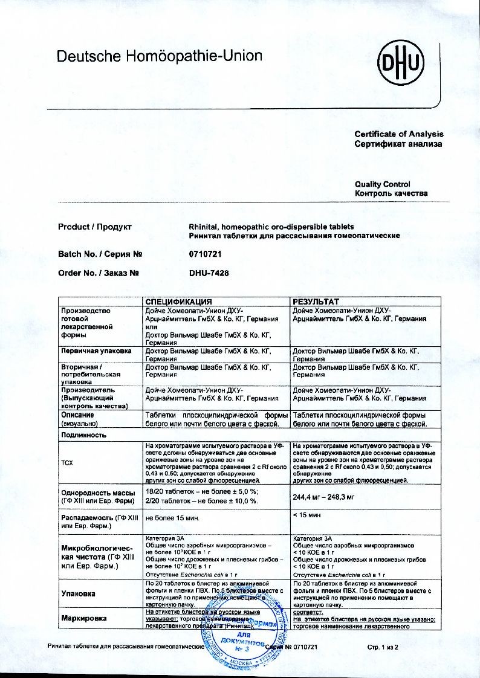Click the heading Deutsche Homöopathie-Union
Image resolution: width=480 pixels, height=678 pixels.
coord(159,57)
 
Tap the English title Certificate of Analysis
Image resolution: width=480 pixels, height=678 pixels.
coord(398,134)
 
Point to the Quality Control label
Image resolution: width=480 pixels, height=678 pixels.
coord(382,184)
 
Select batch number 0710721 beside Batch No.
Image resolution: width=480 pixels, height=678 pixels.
coord(206,254)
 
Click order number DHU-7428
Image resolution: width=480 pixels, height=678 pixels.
coord(209,273)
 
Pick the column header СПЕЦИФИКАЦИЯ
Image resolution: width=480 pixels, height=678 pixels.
coord(178,301)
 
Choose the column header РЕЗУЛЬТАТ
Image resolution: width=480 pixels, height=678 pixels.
coord(316,301)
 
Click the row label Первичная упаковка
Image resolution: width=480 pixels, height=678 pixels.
coord(96,350)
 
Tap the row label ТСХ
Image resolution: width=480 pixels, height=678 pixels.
coord(68,463)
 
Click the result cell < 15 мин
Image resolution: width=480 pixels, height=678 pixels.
coord(305,515)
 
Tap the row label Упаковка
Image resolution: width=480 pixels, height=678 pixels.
coord(79,593)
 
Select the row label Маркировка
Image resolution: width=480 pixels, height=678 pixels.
coord(84,618)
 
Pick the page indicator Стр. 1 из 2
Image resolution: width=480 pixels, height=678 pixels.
coord(383,647)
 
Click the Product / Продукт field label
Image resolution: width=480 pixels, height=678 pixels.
coord(95,227)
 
